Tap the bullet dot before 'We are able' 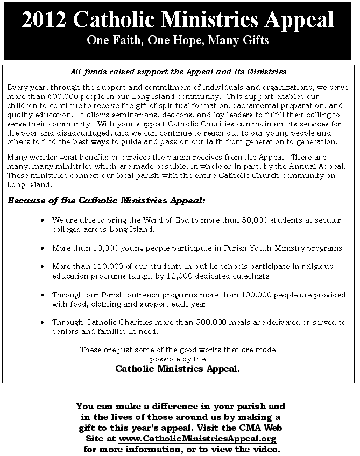43,220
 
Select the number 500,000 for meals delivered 206,322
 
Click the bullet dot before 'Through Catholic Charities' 43,323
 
